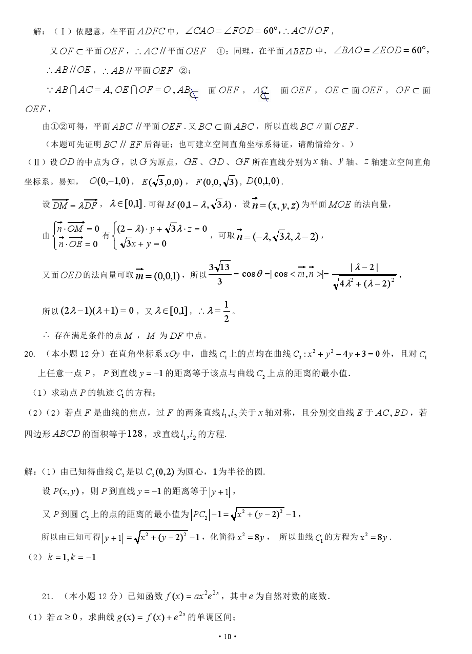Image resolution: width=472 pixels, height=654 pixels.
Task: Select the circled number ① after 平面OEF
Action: click(x=221, y=51)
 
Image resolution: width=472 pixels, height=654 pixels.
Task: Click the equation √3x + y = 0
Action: click(x=143, y=243)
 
